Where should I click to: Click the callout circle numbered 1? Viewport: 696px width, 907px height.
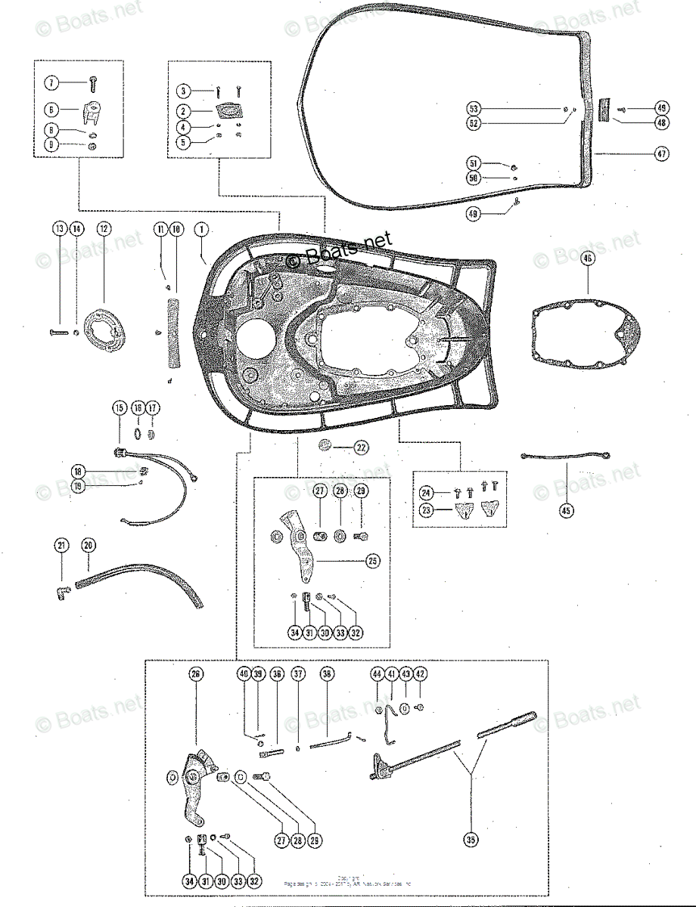[201, 228]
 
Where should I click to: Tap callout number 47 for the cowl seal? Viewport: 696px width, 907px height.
[661, 153]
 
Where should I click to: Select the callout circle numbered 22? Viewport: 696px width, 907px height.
[362, 447]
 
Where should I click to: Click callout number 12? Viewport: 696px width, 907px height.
[104, 228]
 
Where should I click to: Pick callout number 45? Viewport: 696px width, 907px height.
[567, 510]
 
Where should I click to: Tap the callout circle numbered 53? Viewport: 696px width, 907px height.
[473, 107]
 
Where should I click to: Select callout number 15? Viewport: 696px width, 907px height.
[120, 408]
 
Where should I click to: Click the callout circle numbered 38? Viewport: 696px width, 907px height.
[327, 674]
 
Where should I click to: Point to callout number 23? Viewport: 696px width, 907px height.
[427, 510]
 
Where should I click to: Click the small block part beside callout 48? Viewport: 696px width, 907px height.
[604, 110]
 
